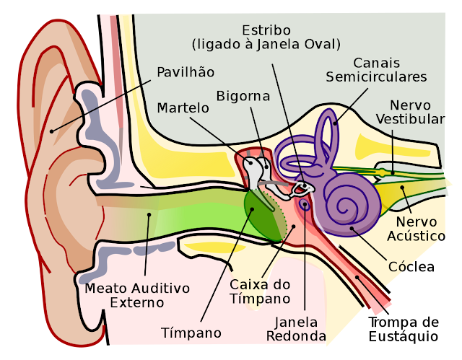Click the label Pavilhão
coord(186,72)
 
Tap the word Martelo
coord(183,107)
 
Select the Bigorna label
coord(243,96)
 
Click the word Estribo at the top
coord(266,30)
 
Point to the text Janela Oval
coord(304,45)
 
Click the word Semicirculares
coord(376,76)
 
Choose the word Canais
coord(376,63)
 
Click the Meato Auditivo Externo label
coord(137,295)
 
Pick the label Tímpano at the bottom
coord(191,333)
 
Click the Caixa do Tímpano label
coord(260,291)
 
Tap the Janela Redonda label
coord(296,329)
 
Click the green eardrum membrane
coord(264,214)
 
